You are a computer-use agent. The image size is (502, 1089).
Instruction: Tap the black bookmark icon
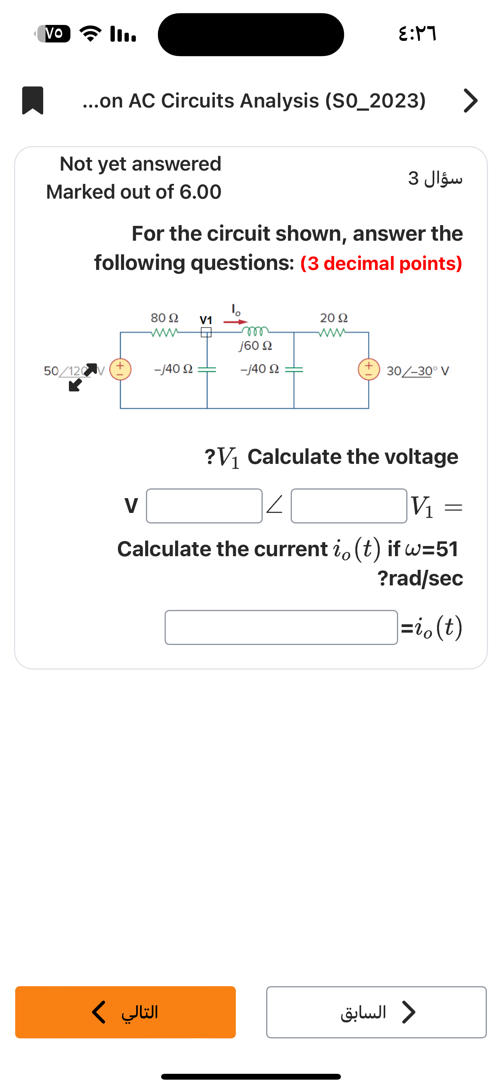(33, 100)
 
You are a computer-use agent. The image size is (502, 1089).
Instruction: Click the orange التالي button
(125, 1012)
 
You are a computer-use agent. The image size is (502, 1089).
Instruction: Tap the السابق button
(376, 1012)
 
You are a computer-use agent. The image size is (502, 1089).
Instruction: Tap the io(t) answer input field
(281, 627)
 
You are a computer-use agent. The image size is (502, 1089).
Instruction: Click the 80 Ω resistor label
(164, 317)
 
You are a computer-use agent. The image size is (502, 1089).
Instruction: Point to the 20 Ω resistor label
(334, 317)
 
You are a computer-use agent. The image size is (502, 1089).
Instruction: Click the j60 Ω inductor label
(255, 346)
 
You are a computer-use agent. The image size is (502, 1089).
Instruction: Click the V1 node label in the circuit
(206, 320)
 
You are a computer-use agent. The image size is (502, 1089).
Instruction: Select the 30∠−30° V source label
(418, 371)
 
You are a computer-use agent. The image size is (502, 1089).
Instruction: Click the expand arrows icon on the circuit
(83, 377)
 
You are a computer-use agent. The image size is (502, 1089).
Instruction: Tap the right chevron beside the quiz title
(470, 100)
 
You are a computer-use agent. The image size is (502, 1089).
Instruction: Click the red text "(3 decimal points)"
(381, 263)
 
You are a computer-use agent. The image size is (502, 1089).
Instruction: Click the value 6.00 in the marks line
(200, 192)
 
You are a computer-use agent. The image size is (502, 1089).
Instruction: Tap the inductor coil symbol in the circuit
(255, 331)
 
